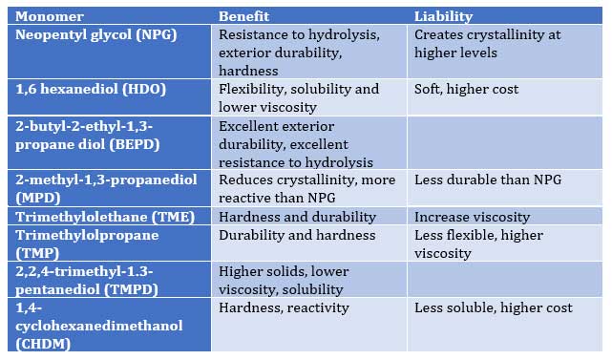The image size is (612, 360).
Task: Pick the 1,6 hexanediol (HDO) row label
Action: [92, 89]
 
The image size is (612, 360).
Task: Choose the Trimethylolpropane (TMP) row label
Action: [80, 244]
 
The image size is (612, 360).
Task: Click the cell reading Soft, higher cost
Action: [466, 89]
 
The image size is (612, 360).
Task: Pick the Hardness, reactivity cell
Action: [284, 307]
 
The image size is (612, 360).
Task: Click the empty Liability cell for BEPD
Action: [504, 143]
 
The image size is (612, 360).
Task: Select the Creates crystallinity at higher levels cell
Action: [487, 43]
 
